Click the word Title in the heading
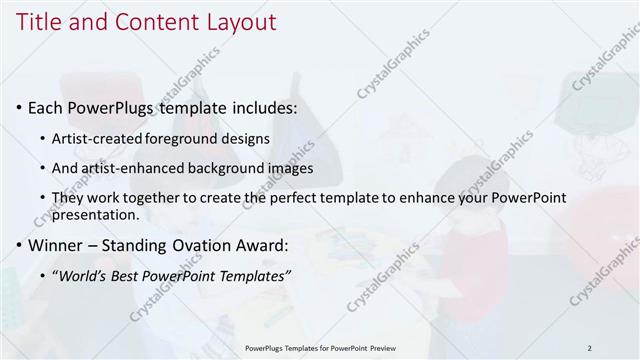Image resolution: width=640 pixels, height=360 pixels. point(40,21)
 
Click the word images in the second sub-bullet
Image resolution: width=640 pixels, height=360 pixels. point(291,168)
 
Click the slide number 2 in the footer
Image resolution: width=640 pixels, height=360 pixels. point(589,347)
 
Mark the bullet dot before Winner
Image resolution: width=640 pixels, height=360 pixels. point(19,245)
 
